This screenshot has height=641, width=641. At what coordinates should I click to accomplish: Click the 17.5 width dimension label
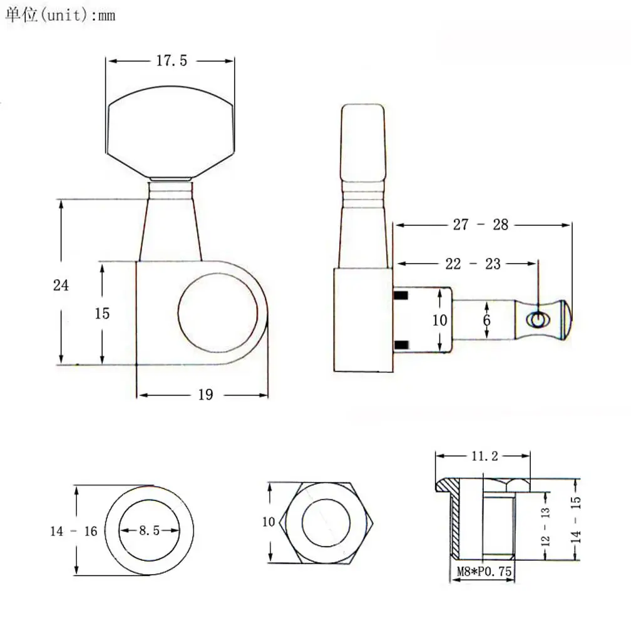click(x=172, y=61)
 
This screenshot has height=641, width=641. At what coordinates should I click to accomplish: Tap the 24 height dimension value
click(x=61, y=285)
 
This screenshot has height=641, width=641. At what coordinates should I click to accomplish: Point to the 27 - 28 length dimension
click(x=481, y=225)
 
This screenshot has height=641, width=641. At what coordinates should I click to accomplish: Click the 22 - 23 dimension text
click(x=473, y=264)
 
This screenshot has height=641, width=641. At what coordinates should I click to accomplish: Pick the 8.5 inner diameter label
click(x=149, y=530)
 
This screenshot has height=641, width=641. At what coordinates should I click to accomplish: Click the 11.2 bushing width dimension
click(x=485, y=456)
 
